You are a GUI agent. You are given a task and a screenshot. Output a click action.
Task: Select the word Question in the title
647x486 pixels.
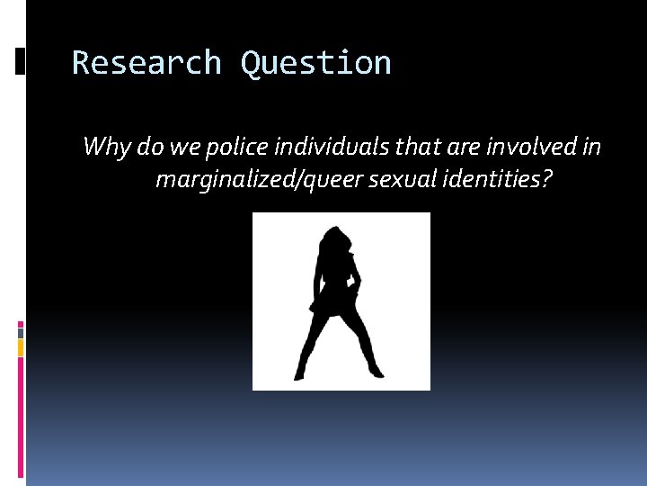[x=315, y=64]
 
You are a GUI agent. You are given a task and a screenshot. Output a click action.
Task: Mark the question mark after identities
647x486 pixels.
[x=546, y=180]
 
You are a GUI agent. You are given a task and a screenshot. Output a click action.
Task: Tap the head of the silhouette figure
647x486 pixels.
[x=339, y=242]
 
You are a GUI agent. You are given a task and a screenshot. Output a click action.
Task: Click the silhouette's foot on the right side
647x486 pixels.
[x=375, y=372]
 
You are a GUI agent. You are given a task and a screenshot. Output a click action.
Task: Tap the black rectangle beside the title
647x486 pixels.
[x=21, y=61]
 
